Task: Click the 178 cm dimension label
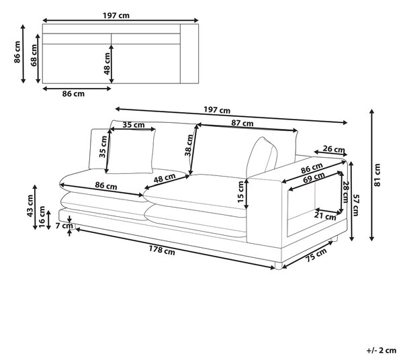point(162,250)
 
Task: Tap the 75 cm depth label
point(316,255)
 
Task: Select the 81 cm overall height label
point(377,175)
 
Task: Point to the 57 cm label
point(356,205)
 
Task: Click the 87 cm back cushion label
point(242,124)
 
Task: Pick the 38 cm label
point(189,146)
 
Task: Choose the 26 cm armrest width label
point(334,149)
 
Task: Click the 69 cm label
point(314,177)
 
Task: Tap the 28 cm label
point(346,192)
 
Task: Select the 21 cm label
point(325,216)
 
